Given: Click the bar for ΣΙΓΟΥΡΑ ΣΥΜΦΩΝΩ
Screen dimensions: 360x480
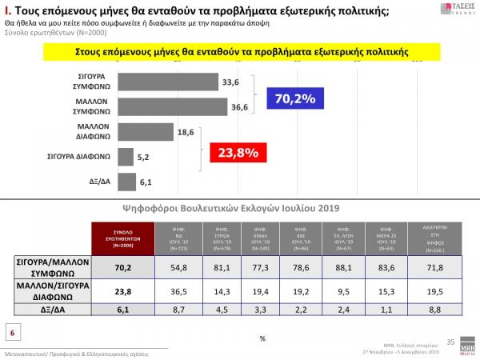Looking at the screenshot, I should [x=169, y=81].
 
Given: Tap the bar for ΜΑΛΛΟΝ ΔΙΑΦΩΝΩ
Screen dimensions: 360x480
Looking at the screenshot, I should [x=146, y=132].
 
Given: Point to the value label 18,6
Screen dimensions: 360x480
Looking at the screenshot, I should [x=185, y=130].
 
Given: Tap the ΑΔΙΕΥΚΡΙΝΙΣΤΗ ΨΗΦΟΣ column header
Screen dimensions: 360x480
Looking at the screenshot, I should [x=437, y=238].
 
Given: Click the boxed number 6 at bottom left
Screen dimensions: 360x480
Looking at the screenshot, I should [x=13, y=331].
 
